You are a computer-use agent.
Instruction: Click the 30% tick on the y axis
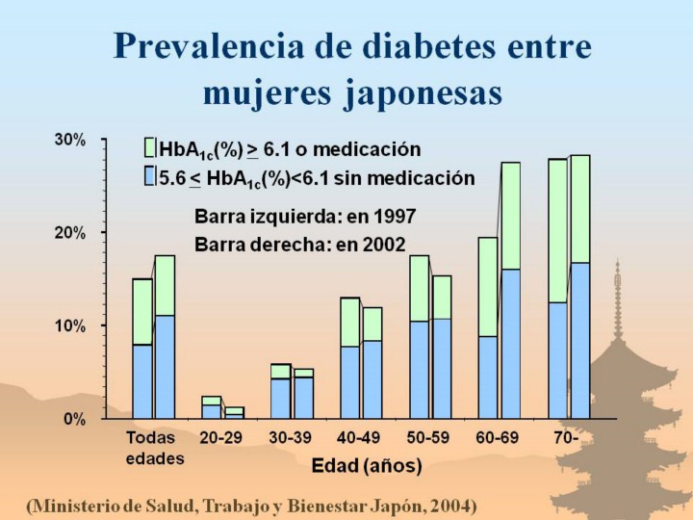tap(69, 140)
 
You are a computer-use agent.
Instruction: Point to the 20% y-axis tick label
tap(69, 233)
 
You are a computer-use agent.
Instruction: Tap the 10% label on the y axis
tap(69, 326)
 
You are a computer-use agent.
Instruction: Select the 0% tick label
tap(74, 420)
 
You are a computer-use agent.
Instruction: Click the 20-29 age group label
tap(219, 439)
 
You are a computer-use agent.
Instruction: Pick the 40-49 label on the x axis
tap(359, 439)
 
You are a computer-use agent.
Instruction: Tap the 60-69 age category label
tap(498, 439)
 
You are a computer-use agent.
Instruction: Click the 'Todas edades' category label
tap(154, 448)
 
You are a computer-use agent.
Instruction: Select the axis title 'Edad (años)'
tap(368, 467)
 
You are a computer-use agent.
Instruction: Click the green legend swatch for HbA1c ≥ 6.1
tap(149, 148)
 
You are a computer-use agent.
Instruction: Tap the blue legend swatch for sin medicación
tap(149, 176)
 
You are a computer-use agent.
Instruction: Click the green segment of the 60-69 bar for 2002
tap(510, 216)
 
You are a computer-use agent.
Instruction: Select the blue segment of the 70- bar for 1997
tap(557, 360)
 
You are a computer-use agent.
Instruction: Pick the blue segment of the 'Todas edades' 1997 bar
tap(142, 381)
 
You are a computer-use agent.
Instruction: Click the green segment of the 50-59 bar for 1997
tap(419, 288)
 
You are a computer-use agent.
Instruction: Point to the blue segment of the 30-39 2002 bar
tap(303, 398)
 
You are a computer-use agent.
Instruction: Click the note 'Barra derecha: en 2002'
tap(299, 244)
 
